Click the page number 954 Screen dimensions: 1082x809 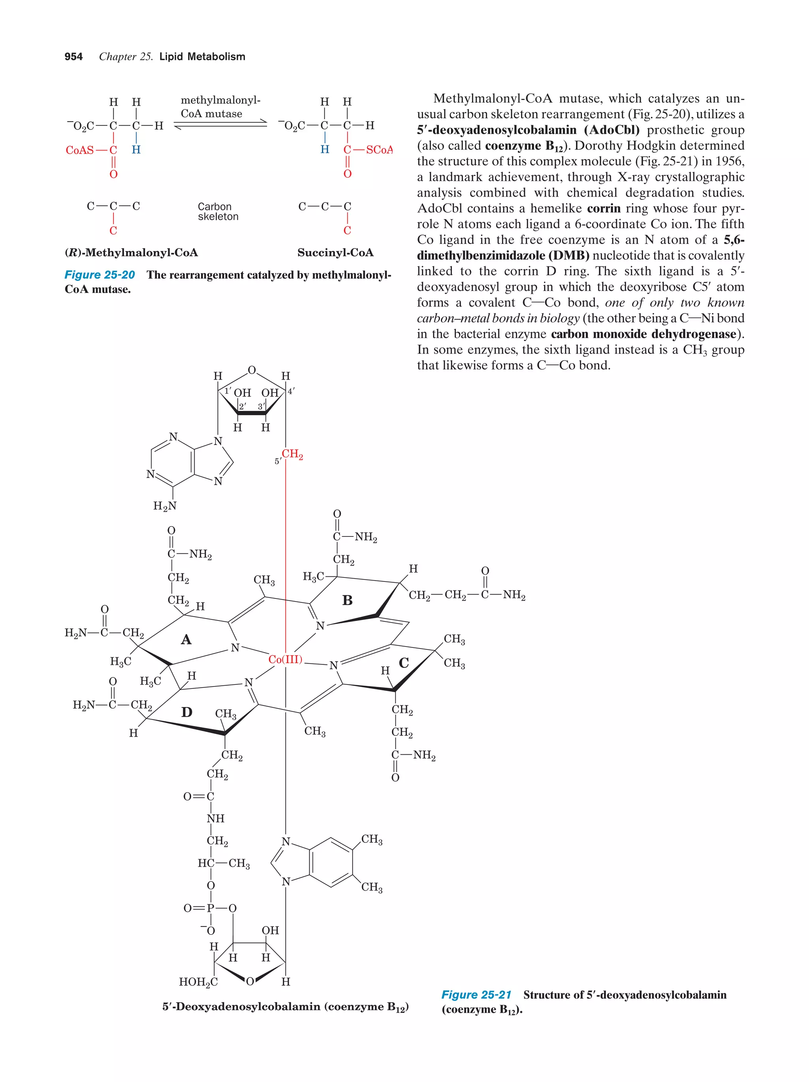[x=73, y=57]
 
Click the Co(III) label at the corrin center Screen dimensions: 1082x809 [x=285, y=659]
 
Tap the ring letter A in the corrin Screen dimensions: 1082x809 [x=186, y=639]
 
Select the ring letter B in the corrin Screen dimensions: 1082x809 [x=347, y=600]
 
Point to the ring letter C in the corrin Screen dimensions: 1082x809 [x=403, y=663]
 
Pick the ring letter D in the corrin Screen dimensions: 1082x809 [x=186, y=712]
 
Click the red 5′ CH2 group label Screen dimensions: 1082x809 [x=292, y=454]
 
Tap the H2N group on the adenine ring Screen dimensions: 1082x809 [x=164, y=506]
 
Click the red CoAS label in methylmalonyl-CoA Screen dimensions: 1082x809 [x=80, y=150]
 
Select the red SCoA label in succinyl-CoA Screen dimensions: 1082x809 [x=379, y=150]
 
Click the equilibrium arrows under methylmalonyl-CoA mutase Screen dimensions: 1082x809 [x=220, y=125]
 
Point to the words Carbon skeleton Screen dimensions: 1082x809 [x=218, y=211]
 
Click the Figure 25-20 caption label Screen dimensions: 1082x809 [x=100, y=275]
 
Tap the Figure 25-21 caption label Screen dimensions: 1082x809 [x=476, y=994]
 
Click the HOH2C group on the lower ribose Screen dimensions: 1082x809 [x=198, y=982]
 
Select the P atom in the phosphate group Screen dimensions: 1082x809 [x=211, y=908]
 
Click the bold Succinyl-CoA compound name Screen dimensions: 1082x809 [x=335, y=252]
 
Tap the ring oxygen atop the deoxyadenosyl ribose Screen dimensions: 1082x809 [x=252, y=370]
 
